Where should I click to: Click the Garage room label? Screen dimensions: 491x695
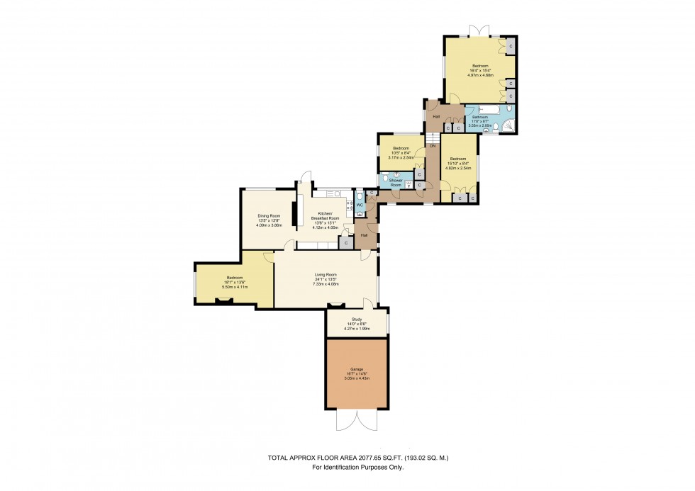357,370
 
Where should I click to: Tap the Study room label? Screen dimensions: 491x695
357,320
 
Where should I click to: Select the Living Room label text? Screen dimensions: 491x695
326,275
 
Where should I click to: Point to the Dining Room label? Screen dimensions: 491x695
269,215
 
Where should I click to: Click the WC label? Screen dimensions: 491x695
360,205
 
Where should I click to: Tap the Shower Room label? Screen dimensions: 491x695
396,183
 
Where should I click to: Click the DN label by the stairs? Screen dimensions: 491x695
432,145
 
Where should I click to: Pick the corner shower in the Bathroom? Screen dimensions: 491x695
508,127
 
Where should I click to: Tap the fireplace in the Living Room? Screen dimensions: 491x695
335,306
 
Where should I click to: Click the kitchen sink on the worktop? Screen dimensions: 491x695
333,193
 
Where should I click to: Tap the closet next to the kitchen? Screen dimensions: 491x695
346,242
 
